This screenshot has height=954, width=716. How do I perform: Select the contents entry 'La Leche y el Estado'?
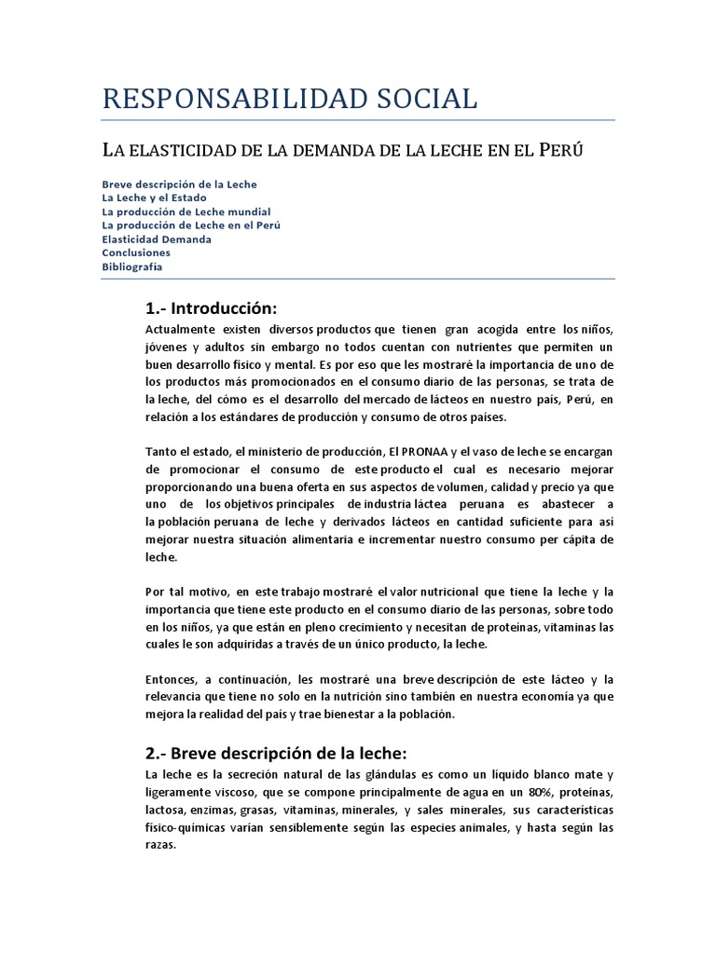click(x=154, y=198)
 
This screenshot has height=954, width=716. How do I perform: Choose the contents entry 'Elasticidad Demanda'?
click(x=157, y=239)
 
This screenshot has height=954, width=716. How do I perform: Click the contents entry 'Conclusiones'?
click(x=136, y=252)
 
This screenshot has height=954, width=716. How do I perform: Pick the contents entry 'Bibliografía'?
click(x=132, y=266)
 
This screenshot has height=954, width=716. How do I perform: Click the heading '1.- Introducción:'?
click(x=212, y=308)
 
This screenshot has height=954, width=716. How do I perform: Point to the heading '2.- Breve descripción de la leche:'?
click(x=276, y=753)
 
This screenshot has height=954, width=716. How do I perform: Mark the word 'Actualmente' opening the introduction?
click(x=182, y=330)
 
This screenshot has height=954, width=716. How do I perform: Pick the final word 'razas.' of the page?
click(x=161, y=845)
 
